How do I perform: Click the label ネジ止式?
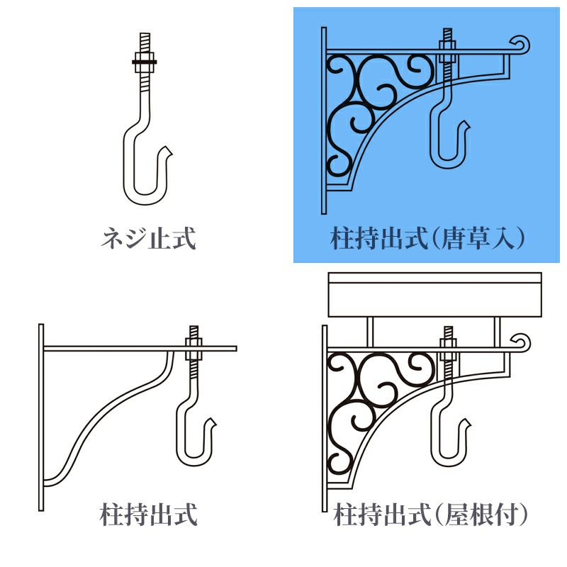pyautogui.click(x=148, y=238)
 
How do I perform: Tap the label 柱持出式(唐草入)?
pyautogui.click(x=427, y=238)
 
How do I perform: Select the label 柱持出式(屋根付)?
pyautogui.click(x=430, y=515)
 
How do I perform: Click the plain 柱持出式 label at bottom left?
pyautogui.click(x=148, y=515)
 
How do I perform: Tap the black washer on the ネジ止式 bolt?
pyautogui.click(x=145, y=62)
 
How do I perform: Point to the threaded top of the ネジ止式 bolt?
pyautogui.click(x=145, y=43)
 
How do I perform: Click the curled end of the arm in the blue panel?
pyautogui.click(x=522, y=44)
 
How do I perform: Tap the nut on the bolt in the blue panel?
pyautogui.click(x=447, y=45)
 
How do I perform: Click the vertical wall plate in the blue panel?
pyautogui.click(x=324, y=120)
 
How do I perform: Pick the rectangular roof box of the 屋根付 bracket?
pyautogui.click(x=434, y=295)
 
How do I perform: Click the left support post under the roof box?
pyautogui.click(x=369, y=332)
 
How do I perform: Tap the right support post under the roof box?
pyautogui.click(x=498, y=332)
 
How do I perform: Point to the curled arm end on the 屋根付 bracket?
pyautogui.click(x=522, y=342)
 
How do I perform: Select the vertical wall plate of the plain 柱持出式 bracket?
pyautogui.click(x=41, y=417)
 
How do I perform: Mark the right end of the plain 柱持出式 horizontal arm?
pyautogui.click(x=237, y=349)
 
